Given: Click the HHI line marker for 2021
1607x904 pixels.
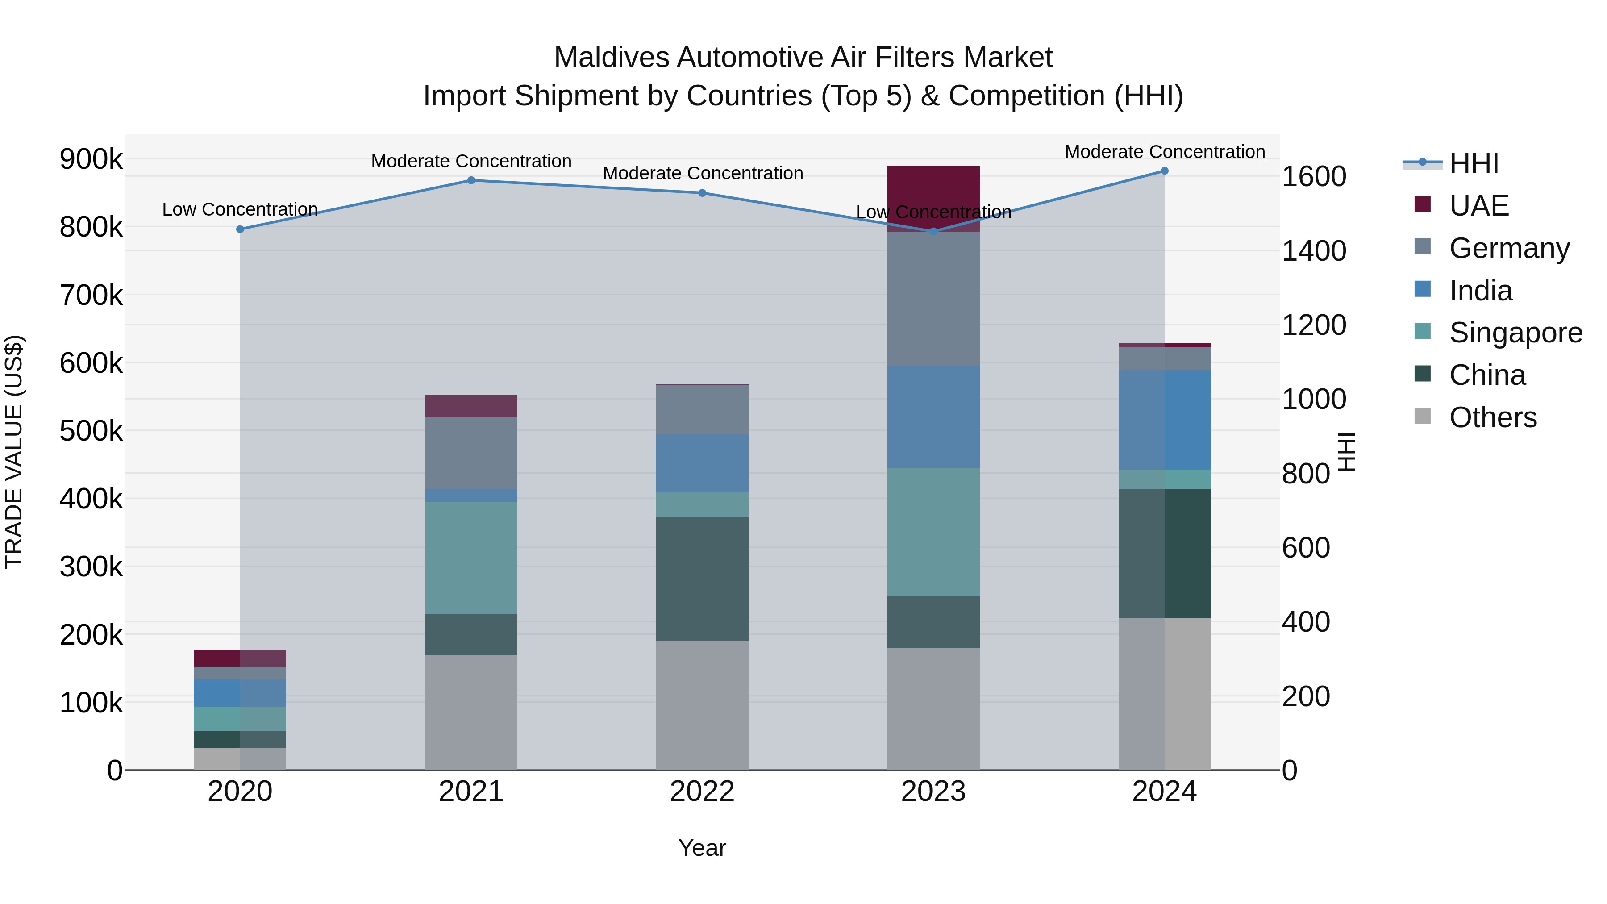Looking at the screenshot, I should tap(471, 180).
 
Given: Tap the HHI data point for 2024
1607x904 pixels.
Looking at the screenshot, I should tap(1164, 171).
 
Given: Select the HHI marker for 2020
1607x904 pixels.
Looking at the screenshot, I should tap(240, 229).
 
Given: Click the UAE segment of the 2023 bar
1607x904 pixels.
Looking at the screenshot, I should tap(933, 187).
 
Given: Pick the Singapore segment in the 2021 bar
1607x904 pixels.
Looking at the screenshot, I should tap(471, 557).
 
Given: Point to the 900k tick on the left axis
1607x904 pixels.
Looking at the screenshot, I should tap(91, 159).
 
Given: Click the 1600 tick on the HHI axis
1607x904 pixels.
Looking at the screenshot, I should tap(1314, 176).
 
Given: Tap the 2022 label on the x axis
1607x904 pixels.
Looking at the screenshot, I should tap(702, 792).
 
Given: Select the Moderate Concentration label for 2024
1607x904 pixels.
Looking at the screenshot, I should tap(1164, 152).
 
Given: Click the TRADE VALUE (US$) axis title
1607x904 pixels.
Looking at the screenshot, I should tap(14, 452).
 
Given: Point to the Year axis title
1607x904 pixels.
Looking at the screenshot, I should tap(702, 848).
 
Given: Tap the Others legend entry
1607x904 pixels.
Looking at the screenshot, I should tap(1492, 417).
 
